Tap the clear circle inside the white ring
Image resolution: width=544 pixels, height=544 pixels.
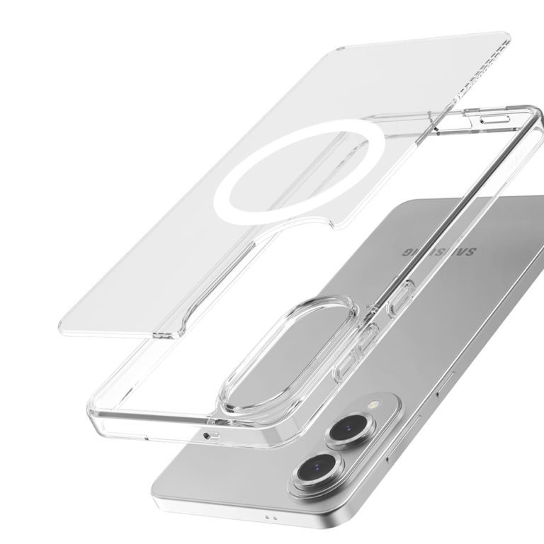coord(297,170)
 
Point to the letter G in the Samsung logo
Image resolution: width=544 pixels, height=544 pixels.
coord(408,251)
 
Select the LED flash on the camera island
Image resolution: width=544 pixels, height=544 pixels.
coord(374,404)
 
